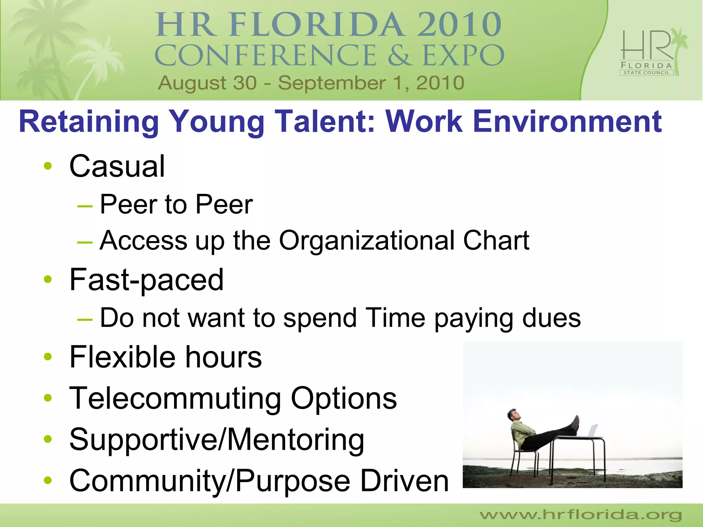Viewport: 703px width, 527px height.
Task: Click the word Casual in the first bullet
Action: [x=117, y=167]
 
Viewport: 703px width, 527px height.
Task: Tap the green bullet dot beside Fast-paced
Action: [x=48, y=280]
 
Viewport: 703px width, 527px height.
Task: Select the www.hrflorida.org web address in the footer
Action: [x=580, y=515]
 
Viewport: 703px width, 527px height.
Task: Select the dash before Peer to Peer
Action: [x=85, y=206]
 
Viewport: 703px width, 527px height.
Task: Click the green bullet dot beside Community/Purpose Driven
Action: [x=48, y=481]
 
